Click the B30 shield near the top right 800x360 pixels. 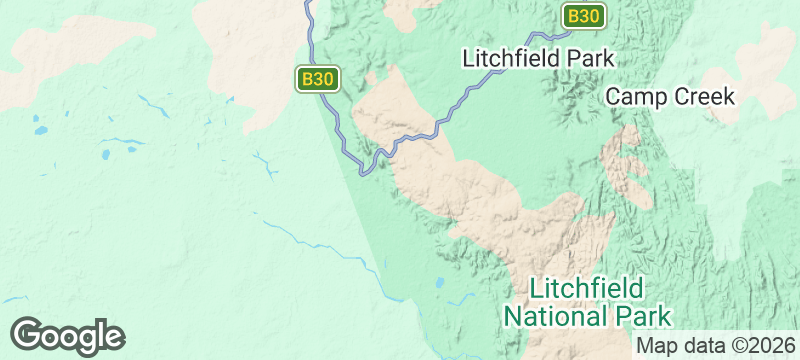tap(583, 16)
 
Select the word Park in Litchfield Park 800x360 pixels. tap(588, 58)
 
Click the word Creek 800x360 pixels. tap(705, 97)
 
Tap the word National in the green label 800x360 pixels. tap(552, 318)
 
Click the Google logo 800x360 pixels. tap(67, 336)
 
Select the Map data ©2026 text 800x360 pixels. tap(714, 346)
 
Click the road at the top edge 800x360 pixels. tap(309, 3)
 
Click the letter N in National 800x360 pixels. tap(512, 318)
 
